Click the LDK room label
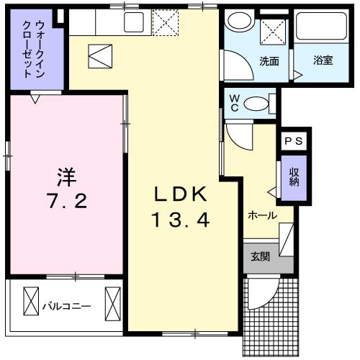point(181,194)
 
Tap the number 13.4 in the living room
point(181,221)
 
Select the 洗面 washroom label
point(269,61)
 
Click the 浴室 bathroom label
point(323,61)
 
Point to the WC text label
point(235,103)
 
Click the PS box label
point(293,142)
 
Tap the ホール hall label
point(262,215)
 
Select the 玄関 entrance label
point(260,256)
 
